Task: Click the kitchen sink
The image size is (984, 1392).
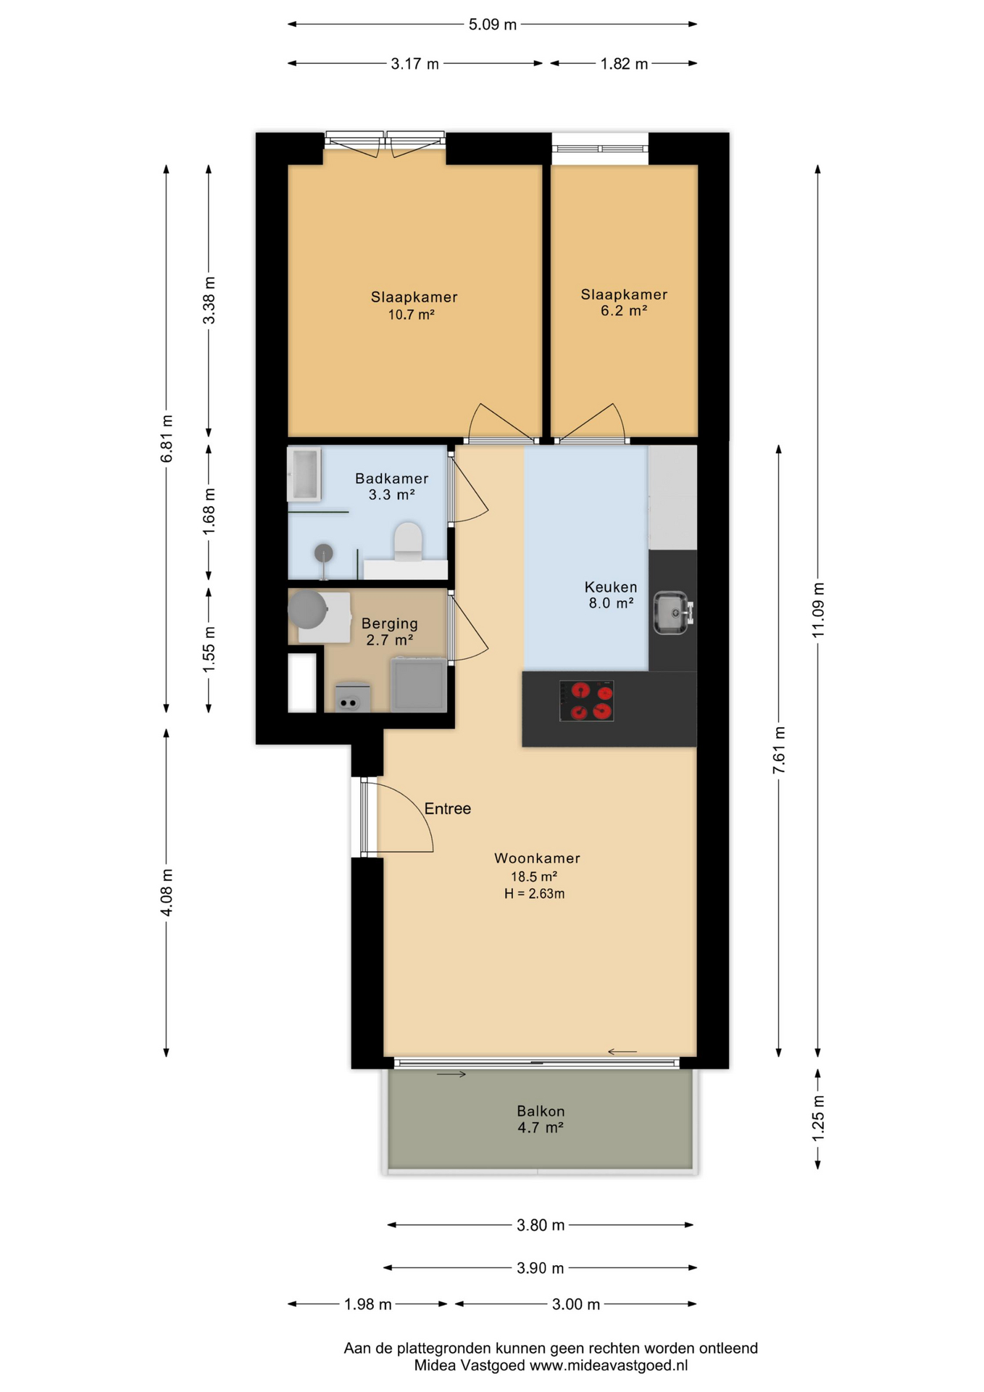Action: pos(673,613)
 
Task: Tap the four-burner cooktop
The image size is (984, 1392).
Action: pos(586,700)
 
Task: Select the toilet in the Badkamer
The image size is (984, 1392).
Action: pos(408,542)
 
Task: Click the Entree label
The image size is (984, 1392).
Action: pos(447,808)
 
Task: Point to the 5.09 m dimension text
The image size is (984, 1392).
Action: pos(493,25)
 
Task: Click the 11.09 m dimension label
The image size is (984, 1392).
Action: pos(818,610)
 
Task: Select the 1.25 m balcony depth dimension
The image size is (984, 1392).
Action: pos(818,1117)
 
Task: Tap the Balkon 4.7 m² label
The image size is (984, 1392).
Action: pos(541,1119)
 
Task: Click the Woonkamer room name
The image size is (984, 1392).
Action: pos(537,858)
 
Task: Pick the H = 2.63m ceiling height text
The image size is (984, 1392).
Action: pos(535,894)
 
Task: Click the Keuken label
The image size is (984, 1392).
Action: pos(611,587)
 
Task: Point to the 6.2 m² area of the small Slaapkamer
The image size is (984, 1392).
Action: pos(624,311)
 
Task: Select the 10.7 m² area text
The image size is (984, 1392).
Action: pos(411,315)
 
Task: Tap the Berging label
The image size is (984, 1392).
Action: pos(390,623)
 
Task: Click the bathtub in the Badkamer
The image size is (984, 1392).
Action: pos(304,475)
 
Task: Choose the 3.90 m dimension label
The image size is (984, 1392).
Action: pos(541,1268)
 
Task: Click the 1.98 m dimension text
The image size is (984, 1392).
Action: pos(368,1304)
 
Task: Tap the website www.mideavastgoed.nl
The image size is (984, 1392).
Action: pos(609,1365)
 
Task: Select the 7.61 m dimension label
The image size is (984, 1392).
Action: pos(779,750)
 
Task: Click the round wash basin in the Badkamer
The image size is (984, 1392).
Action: pos(324,553)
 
